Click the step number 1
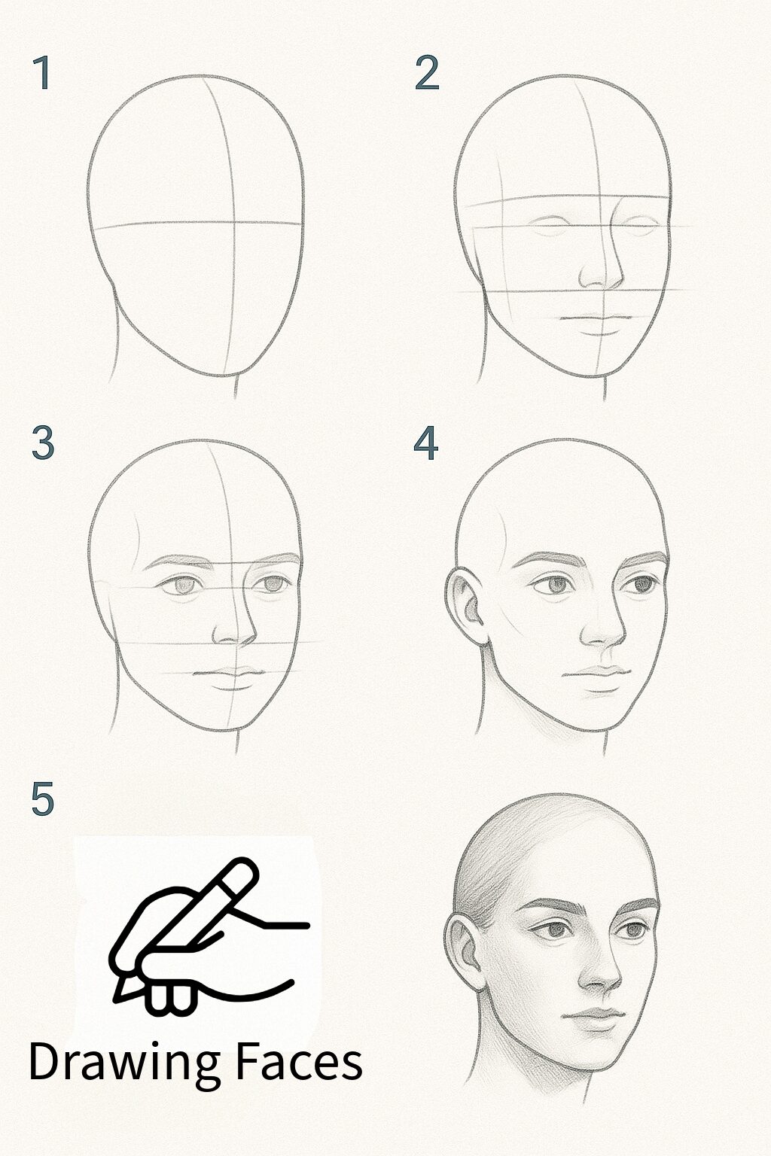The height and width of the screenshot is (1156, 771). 42,73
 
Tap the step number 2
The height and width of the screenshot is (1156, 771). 426,73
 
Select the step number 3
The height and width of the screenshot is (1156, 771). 43,443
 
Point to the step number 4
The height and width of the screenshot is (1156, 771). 426,443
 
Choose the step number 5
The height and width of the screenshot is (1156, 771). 43,799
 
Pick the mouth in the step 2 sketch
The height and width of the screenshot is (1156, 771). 595,322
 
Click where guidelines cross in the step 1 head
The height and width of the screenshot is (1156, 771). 232,223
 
